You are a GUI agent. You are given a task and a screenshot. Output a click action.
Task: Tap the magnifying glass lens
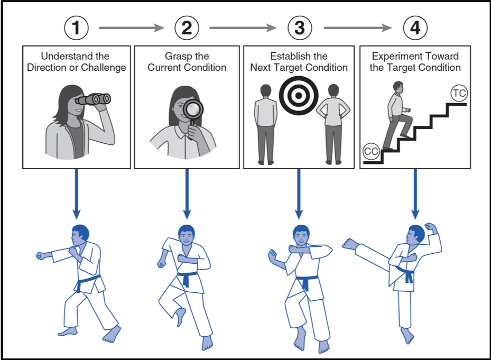(193, 109)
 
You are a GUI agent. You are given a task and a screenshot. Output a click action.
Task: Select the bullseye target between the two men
(299, 95)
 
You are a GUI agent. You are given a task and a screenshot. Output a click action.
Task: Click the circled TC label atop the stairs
(459, 93)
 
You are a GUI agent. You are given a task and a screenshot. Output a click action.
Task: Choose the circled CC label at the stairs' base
(372, 152)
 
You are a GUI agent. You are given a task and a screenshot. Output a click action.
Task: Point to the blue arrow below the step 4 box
(415, 193)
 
